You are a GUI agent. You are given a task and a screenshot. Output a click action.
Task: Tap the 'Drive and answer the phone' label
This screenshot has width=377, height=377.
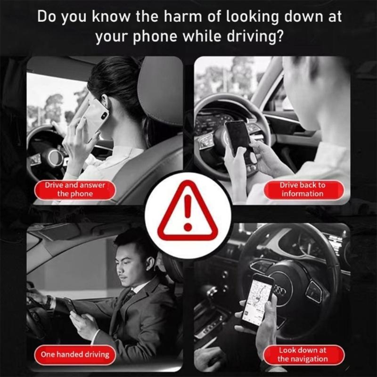pos(75,189)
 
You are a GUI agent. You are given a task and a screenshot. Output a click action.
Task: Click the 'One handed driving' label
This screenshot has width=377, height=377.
pos(75,354)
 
